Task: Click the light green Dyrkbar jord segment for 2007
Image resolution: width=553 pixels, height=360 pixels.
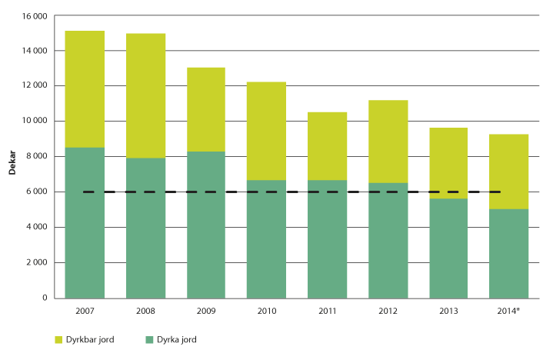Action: coord(85,88)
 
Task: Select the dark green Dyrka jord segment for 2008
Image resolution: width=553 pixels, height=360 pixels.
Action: coord(145,228)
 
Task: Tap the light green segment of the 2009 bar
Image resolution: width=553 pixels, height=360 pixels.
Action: coord(206,109)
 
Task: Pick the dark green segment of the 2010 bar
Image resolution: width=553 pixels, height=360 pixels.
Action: coord(266,238)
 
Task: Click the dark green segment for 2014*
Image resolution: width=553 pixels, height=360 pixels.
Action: coord(509,253)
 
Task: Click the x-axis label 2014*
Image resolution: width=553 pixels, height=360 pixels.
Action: coord(509,311)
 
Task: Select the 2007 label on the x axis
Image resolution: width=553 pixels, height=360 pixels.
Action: coord(85,311)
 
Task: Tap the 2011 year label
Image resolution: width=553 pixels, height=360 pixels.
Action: coord(327,311)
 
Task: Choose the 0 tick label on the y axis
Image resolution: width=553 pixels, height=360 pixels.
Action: coord(45,298)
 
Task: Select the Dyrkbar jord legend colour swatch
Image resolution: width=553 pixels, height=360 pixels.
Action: coord(59,338)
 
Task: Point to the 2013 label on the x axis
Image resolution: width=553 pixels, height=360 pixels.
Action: coord(448,311)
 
